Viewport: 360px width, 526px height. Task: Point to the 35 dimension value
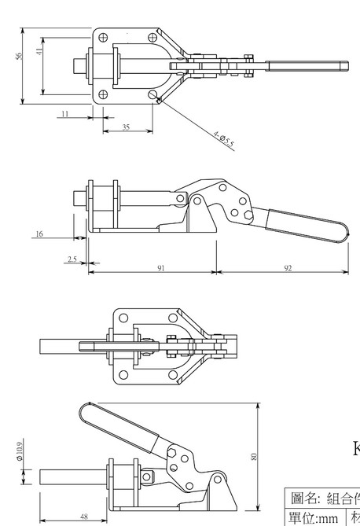click(x=126, y=127)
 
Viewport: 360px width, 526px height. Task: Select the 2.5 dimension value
click(x=72, y=258)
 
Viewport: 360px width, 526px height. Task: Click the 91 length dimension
click(x=160, y=268)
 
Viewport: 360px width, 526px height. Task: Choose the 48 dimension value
click(x=83, y=517)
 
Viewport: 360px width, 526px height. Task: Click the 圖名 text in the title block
click(x=303, y=497)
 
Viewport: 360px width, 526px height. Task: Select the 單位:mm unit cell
click(x=314, y=517)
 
